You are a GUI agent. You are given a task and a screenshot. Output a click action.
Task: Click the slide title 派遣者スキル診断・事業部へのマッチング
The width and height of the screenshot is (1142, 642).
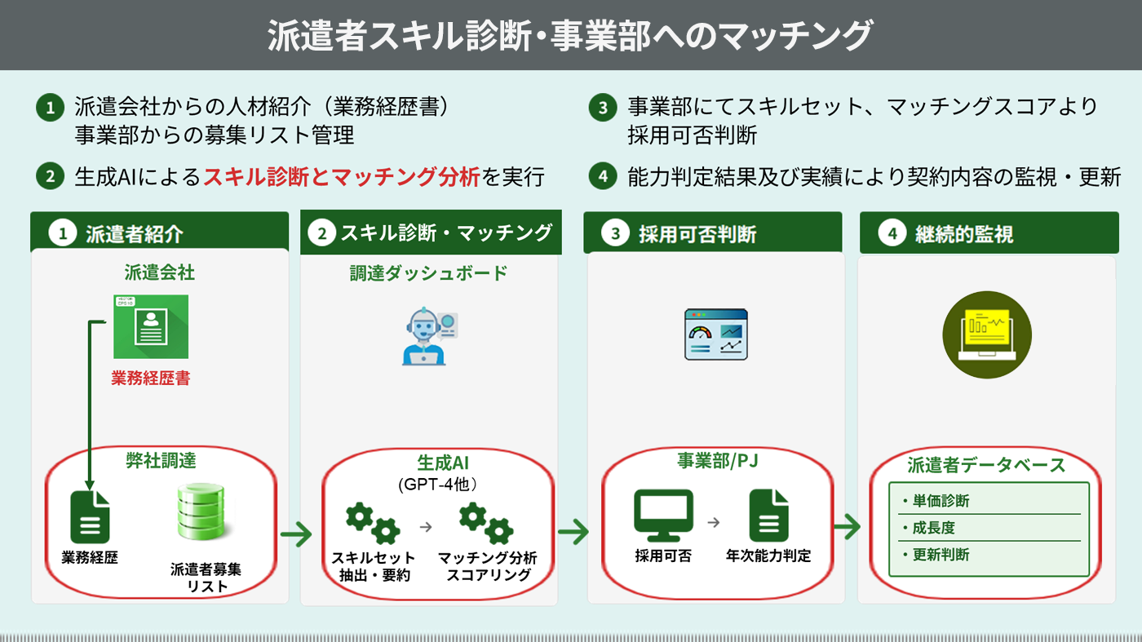coord(570,36)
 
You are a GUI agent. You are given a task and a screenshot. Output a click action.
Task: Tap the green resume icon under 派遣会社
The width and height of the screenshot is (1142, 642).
coord(151,326)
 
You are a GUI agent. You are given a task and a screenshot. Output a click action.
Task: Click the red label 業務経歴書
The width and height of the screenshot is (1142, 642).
coord(151,379)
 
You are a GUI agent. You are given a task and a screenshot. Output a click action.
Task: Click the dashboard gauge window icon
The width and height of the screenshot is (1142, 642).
coord(715,334)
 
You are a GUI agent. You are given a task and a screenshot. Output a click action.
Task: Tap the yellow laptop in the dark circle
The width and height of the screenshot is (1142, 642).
coord(987,334)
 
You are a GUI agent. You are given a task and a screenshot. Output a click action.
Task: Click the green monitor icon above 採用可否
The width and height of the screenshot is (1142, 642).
coord(663,516)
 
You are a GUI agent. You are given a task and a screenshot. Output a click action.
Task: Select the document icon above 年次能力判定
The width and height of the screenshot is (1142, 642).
coord(768,516)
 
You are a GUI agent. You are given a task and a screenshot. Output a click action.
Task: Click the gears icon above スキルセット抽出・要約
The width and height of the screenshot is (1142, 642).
coord(373,523)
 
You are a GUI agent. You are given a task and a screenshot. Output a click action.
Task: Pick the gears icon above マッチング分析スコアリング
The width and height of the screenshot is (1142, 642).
coord(486,523)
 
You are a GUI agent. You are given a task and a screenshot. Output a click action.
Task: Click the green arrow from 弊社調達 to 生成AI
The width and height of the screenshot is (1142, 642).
coord(296,536)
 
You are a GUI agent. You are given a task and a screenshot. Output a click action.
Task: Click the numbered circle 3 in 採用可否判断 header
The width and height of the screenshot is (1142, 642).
coord(616,234)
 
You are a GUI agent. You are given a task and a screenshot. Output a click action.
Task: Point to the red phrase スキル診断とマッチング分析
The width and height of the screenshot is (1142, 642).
coord(341,176)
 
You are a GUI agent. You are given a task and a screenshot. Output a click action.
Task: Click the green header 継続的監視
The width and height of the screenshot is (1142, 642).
coord(963,235)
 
